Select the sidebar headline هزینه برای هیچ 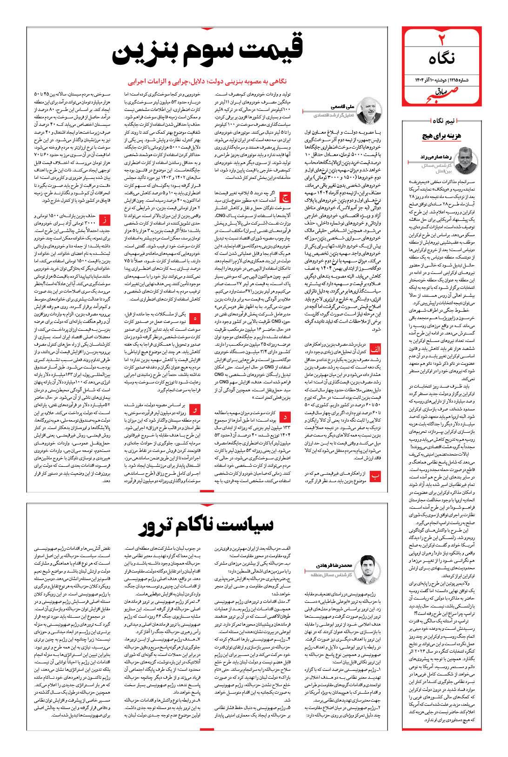click(x=440, y=136)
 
